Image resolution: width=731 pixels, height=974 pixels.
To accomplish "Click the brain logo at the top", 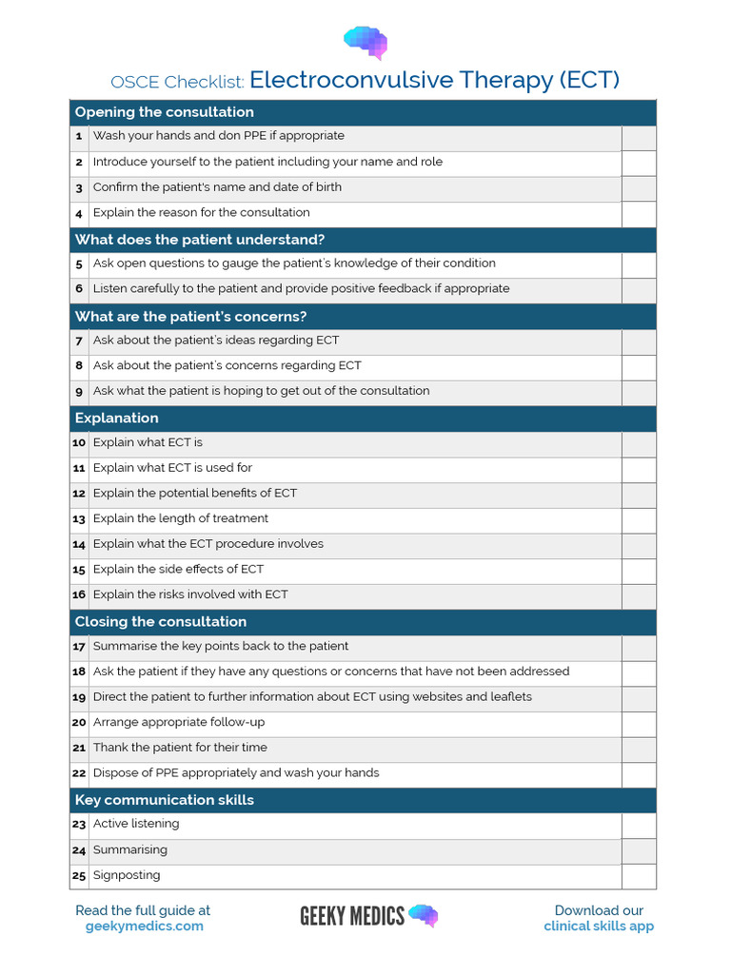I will (365, 41).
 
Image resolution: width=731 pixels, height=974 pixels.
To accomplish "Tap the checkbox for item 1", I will (639, 137).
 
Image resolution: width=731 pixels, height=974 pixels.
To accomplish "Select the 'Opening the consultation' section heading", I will (164, 112).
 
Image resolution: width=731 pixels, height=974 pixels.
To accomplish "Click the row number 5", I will (79, 263).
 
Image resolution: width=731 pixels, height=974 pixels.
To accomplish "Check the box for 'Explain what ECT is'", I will (639, 443).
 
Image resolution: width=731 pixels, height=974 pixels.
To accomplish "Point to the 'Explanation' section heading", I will (116, 419).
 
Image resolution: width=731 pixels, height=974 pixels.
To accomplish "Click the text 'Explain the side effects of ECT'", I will (178, 570).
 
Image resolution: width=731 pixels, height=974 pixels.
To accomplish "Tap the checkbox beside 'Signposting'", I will (639, 876).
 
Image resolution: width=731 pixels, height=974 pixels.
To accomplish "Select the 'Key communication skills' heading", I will (164, 800).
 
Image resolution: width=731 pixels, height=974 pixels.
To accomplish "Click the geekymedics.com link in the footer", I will (143, 926).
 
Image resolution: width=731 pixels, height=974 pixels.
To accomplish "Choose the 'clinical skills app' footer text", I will (599, 926).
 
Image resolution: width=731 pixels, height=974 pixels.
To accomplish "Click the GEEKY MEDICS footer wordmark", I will (352, 916).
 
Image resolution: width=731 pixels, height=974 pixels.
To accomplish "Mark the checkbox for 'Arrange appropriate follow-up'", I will (639, 723).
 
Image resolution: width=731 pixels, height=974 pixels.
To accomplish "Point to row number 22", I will (79, 773).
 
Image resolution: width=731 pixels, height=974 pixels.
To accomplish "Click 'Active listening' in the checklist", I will (136, 824).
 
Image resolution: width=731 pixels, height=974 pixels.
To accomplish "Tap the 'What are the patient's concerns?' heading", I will (190, 317).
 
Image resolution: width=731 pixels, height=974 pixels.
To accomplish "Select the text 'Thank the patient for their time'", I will (180, 748).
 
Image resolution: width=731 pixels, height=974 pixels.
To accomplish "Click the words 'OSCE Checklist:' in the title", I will (177, 82).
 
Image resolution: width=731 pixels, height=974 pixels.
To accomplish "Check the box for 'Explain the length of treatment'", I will (639, 519).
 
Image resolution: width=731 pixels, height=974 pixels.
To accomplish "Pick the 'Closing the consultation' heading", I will (160, 622).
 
